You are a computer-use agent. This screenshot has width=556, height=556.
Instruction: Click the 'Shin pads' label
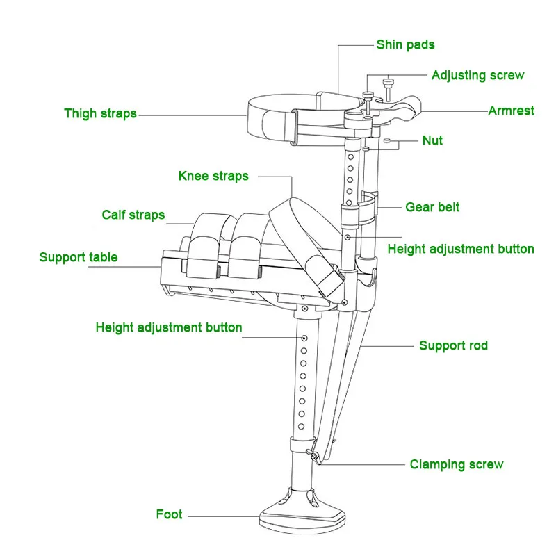point(405,45)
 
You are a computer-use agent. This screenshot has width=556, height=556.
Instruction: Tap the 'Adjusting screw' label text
point(477,75)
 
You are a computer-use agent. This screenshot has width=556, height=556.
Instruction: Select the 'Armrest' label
point(511,111)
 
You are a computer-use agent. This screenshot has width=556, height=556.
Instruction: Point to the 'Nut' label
point(432,140)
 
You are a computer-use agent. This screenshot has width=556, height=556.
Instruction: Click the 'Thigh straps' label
point(100,113)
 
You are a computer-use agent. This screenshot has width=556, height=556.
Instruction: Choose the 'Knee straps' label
point(213,176)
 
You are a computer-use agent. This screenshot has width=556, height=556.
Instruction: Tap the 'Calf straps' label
point(133,214)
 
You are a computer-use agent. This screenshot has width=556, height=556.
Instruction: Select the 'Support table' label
point(79,257)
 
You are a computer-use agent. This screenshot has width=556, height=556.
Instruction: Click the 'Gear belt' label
point(432,207)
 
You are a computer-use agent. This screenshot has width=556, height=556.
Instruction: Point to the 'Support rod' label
point(453,345)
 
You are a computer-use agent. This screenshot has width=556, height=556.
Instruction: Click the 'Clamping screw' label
point(456,464)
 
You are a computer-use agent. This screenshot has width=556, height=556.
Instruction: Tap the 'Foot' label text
point(169,515)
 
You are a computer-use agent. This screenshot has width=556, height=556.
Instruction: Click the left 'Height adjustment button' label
point(169,327)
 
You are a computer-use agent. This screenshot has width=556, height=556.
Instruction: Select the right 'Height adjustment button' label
point(461,249)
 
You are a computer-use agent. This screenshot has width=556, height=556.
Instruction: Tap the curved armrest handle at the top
point(407,108)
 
